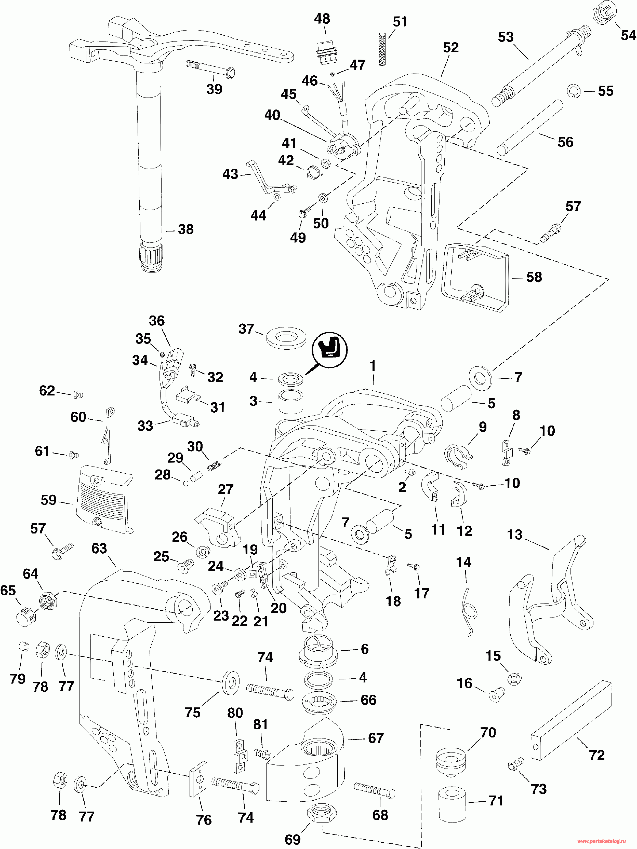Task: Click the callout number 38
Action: (x=186, y=229)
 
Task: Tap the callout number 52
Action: (x=451, y=48)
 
